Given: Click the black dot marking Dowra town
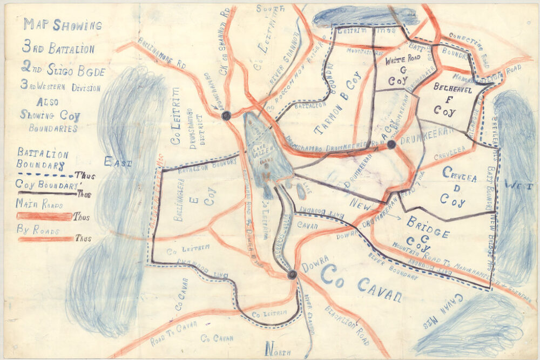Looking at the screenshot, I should tap(292, 275).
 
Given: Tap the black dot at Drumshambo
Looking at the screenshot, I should tap(226, 115).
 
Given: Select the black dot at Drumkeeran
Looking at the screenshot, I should tap(391, 145).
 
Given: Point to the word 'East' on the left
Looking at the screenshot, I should tap(118, 161).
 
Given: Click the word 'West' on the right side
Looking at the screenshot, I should tap(518, 185).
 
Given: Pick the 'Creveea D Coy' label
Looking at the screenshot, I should tap(451, 186).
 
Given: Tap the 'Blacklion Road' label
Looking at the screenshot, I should tap(346, 324).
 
